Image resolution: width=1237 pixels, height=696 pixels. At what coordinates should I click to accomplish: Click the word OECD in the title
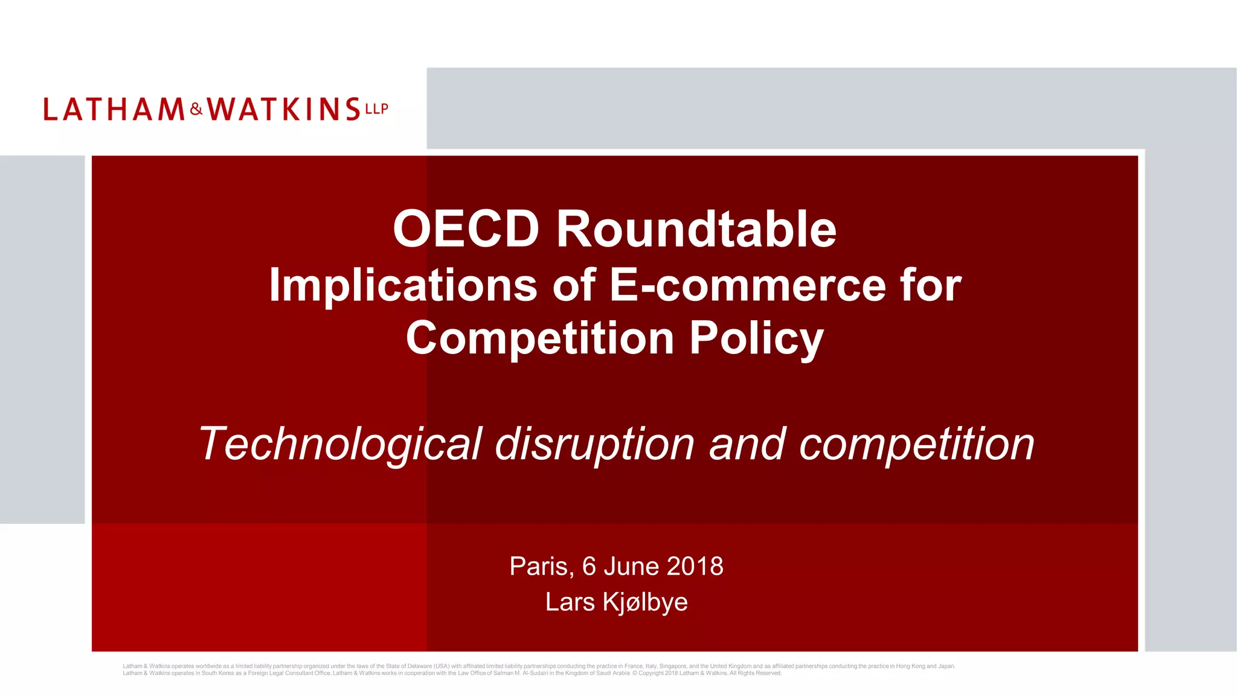click(x=466, y=229)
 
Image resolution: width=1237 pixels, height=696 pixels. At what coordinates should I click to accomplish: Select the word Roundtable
click(x=696, y=229)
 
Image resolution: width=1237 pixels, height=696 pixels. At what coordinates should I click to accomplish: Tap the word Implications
click(x=403, y=285)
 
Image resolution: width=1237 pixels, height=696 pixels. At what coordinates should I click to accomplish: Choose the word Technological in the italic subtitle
click(x=341, y=444)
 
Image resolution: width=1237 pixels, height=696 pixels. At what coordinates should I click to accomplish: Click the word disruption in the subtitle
click(x=595, y=444)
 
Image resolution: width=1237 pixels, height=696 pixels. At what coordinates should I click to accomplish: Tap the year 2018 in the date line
click(x=695, y=566)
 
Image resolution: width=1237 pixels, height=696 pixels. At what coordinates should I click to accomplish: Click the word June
click(x=631, y=566)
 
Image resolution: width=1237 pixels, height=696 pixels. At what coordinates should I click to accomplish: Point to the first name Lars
click(x=570, y=602)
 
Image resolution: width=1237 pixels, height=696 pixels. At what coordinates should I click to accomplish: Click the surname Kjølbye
click(x=645, y=602)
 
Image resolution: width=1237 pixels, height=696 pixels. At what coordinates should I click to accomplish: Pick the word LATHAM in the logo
click(x=114, y=109)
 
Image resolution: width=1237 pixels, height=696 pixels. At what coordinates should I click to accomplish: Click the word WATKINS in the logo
click(x=284, y=109)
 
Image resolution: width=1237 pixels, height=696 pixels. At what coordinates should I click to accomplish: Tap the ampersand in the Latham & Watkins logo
click(x=196, y=109)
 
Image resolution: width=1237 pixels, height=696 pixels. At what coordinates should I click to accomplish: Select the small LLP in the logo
click(x=376, y=109)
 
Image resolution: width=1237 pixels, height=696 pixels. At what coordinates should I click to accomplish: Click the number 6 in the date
click(x=589, y=566)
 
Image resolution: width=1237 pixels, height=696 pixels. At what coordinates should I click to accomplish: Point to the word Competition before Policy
click(x=539, y=338)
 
